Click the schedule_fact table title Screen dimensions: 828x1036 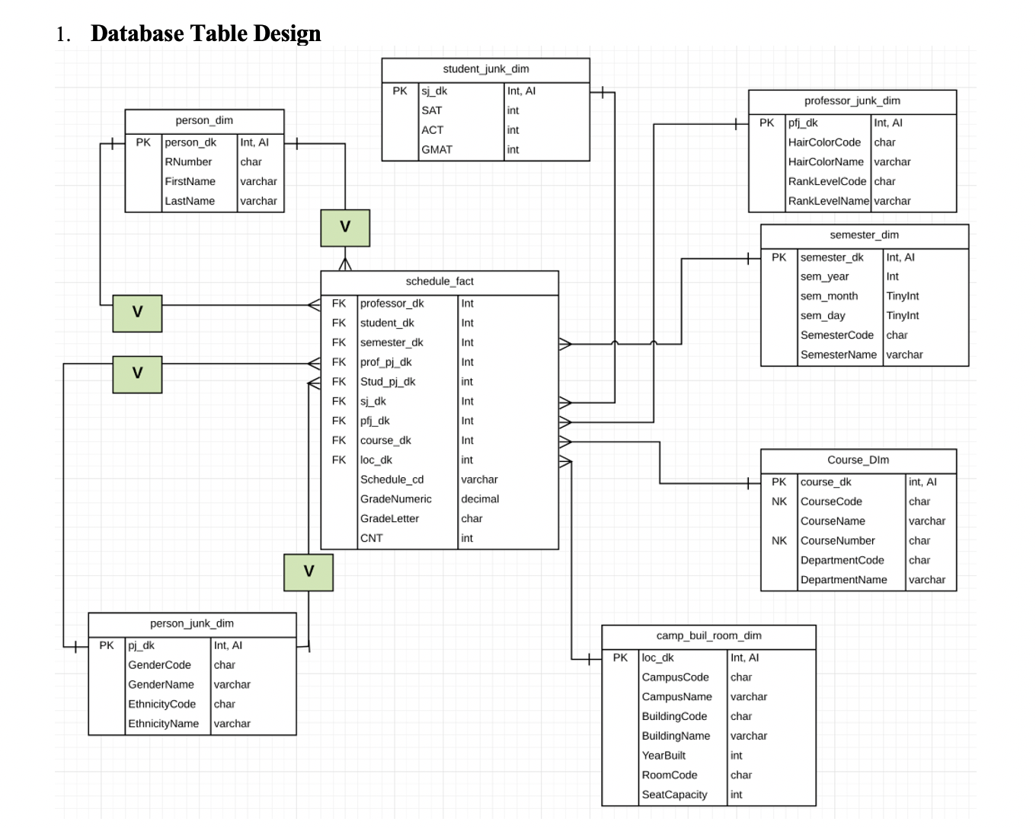point(440,282)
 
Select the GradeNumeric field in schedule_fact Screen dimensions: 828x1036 point(395,499)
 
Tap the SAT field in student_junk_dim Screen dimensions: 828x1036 point(432,110)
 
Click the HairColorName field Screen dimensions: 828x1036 point(826,162)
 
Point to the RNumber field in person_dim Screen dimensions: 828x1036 point(188,162)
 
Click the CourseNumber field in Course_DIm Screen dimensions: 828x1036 point(837,541)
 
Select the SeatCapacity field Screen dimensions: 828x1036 point(674,795)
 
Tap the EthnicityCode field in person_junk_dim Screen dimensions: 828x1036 point(161,705)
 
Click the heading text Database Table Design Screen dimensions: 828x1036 point(206,33)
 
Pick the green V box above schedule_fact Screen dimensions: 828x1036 point(345,227)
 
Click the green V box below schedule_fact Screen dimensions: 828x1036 point(309,572)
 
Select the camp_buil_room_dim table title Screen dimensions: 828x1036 point(708,636)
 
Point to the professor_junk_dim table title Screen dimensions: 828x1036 point(852,101)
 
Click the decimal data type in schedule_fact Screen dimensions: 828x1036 point(480,499)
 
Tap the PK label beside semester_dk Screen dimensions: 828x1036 point(779,258)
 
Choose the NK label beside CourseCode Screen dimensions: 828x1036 point(779,502)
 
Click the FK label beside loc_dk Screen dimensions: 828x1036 point(339,460)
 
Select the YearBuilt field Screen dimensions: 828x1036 point(663,756)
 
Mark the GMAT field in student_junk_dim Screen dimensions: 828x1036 point(436,150)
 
